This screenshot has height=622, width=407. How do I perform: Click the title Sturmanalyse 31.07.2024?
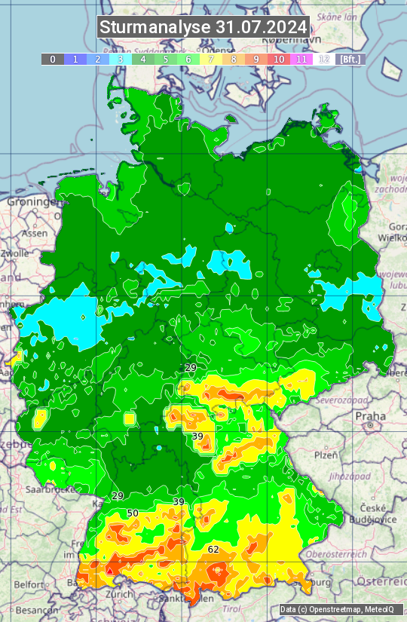(x=203, y=27)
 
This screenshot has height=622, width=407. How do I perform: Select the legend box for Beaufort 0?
(x=53, y=59)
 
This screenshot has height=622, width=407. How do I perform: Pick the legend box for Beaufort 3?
(x=121, y=59)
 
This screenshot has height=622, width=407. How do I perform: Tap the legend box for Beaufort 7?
(x=211, y=59)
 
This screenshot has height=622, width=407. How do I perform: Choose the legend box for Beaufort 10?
(x=279, y=59)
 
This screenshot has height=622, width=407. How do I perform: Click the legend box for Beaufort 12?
(x=324, y=59)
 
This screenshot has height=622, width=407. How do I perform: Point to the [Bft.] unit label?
(x=350, y=59)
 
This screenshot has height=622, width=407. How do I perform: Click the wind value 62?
(x=213, y=549)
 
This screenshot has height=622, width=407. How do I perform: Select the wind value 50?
(x=133, y=513)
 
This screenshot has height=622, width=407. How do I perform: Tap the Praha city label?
(x=371, y=415)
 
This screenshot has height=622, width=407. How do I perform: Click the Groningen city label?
(x=30, y=202)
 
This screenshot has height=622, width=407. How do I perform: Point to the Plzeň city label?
(x=326, y=455)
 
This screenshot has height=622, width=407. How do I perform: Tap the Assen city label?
(x=34, y=234)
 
